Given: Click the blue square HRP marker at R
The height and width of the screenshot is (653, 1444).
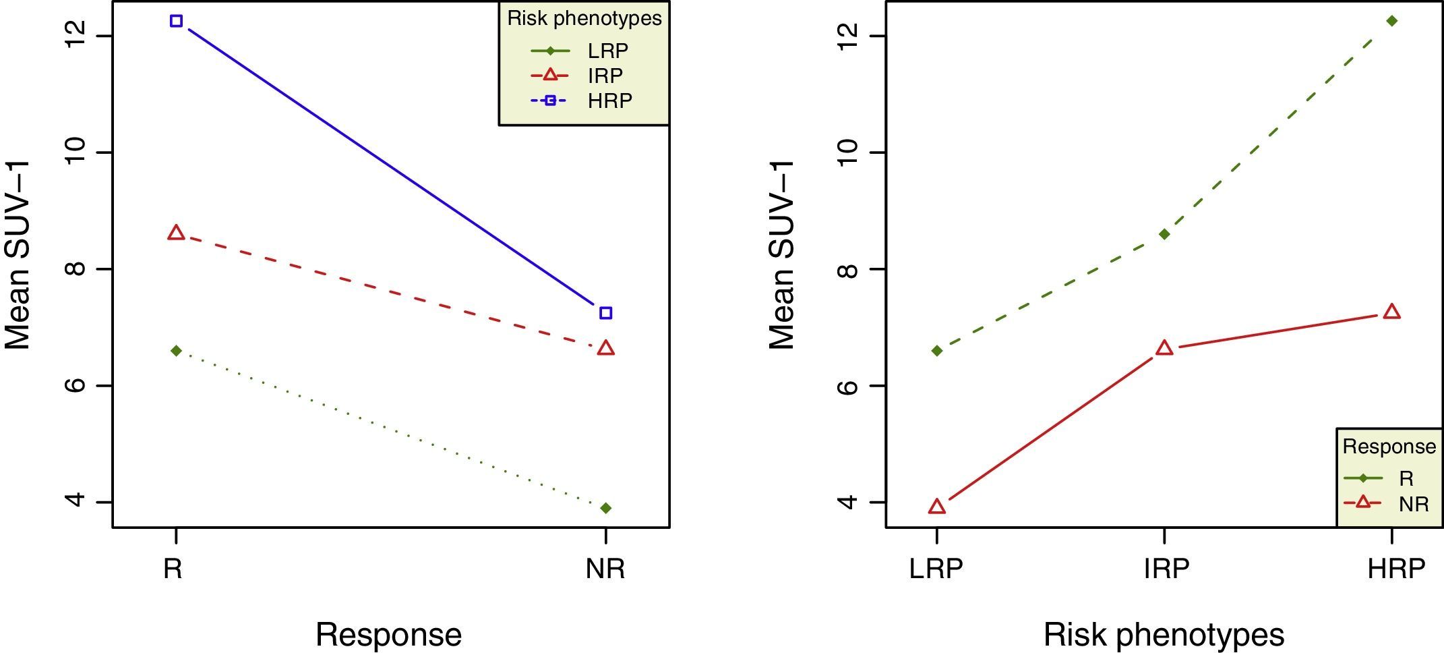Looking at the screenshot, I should (176, 21).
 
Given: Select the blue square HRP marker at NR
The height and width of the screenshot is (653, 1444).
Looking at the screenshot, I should (605, 313).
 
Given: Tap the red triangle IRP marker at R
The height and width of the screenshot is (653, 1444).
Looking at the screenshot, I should (176, 233).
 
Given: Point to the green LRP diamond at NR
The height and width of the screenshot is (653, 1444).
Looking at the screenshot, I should (605, 508).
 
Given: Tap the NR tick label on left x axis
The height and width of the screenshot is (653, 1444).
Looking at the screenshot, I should (605, 569).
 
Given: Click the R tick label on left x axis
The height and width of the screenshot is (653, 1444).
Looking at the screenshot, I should (173, 569).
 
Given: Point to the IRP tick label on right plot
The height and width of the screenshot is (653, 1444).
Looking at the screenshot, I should (1166, 569).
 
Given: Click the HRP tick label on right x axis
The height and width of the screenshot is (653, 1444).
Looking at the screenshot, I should (1395, 569).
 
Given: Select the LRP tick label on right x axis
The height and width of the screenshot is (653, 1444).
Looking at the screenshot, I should (936, 569).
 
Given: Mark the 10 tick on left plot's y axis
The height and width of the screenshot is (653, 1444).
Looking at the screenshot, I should (75, 152).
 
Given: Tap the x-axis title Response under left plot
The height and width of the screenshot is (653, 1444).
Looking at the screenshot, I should (388, 635).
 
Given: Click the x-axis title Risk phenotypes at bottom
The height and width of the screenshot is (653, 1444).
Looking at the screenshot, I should (1164, 635).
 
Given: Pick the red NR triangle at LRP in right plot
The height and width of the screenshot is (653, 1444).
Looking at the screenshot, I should (936, 507).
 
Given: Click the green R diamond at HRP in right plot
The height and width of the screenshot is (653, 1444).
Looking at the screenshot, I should (1391, 21).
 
